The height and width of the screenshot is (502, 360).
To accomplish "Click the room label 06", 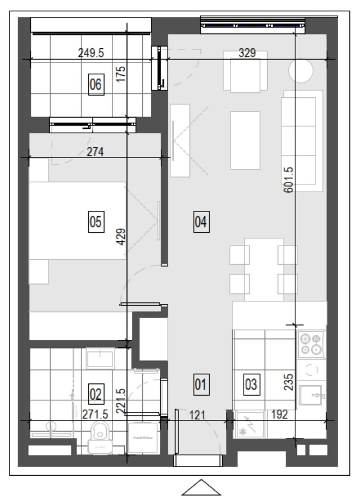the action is point(96,84).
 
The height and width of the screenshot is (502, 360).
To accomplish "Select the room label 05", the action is point(96,221).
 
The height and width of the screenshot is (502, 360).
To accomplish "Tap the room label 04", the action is point(201,221).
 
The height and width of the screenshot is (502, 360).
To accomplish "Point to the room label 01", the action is point(201,384).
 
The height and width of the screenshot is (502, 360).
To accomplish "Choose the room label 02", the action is point(96,394).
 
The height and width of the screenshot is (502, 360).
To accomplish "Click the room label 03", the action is point(251,384).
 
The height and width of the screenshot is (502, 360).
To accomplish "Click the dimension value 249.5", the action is point(91,53).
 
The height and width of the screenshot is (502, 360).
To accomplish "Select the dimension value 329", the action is point(247,53).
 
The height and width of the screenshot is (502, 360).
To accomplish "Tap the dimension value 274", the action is point(95,151).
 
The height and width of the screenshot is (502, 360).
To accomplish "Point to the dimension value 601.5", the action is point(289,179).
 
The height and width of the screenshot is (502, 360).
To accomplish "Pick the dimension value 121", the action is point(197,415).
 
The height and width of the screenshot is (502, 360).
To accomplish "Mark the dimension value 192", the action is point(280,414).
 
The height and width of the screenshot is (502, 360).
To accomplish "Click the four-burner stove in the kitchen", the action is point(310,344).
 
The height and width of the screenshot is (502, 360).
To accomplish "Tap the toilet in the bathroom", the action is point(100,437).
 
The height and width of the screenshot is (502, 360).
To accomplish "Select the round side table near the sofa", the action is point(301,71).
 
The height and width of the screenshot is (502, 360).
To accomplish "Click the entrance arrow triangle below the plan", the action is point(201,488).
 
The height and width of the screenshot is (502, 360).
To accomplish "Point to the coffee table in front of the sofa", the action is point(245,140).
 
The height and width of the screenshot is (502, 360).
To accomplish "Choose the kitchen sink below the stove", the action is point(310,395).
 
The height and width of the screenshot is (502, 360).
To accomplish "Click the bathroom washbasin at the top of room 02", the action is point(100,358).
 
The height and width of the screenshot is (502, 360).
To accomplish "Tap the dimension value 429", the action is point(121,237).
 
